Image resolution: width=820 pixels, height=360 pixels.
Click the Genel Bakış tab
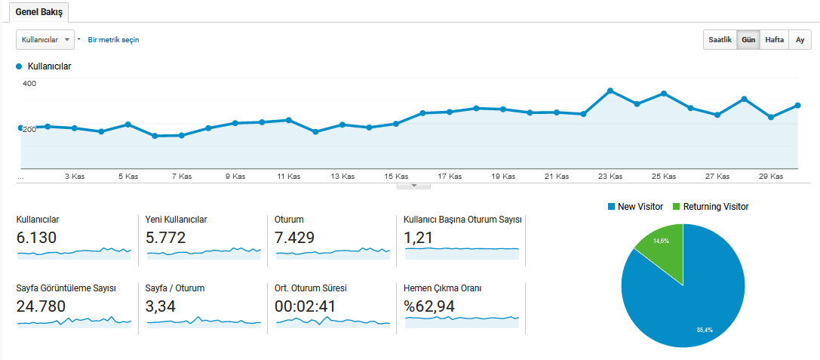(39, 12)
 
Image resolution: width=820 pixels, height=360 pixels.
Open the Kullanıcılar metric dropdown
(45, 39)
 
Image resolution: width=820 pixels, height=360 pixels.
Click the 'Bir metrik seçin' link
(113, 39)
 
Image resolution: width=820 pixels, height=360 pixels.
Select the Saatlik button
(719, 39)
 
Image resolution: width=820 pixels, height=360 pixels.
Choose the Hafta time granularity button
(774, 39)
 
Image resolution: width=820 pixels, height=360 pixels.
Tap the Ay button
(800, 39)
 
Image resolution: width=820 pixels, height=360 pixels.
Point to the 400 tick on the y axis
(29, 83)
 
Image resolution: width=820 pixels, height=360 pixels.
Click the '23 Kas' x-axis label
(610, 177)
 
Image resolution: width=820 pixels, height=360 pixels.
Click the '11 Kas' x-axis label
(289, 177)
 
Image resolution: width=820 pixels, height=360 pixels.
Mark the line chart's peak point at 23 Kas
(610, 91)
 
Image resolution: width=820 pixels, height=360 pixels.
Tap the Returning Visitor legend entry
(715, 206)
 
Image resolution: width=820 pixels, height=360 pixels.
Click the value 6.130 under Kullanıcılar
(36, 238)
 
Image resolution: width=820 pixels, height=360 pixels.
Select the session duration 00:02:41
(305, 306)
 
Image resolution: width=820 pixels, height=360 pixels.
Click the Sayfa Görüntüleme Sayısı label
(66, 288)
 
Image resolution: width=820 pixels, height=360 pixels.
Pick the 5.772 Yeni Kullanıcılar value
(166, 238)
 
